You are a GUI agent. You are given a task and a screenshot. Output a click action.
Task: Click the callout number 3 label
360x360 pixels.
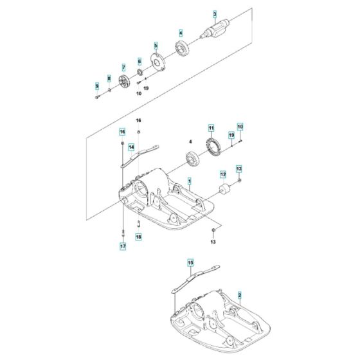click(215, 14)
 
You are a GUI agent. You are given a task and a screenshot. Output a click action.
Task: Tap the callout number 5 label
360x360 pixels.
click(155, 45)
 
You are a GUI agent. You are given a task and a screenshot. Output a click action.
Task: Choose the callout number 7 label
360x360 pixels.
click(123, 66)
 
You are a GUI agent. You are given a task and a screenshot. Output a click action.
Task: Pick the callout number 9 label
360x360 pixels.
click(96, 86)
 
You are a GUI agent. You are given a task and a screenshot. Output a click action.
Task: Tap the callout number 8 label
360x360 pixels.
click(109, 78)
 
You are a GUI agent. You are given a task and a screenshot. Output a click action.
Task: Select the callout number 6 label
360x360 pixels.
click(139, 61)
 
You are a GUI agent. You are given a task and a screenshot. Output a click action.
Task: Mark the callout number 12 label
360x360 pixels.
click(223, 174)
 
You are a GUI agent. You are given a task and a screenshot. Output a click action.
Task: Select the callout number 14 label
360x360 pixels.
click(130, 147)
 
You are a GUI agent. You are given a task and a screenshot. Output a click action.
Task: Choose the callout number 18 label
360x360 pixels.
click(139, 237)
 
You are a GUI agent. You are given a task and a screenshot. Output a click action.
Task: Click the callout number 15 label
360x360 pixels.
click(190, 262)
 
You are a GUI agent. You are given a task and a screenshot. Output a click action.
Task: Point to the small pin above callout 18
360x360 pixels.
click(139, 224)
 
